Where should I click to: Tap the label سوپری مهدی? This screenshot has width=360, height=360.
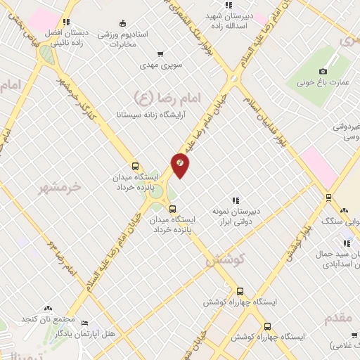pyautogui.click(x=160, y=65)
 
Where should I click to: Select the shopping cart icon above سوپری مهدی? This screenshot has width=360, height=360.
pyautogui.click(x=160, y=53)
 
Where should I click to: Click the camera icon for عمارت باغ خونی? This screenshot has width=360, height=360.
pyautogui.click(x=323, y=71)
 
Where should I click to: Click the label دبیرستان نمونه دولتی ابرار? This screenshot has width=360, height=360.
pyautogui.click(x=236, y=216)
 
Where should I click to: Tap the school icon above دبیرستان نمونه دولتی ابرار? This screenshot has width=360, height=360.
pyautogui.click(x=236, y=200)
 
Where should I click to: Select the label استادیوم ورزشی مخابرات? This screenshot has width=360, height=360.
pyautogui.click(x=122, y=39)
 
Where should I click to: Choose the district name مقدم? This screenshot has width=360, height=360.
pyautogui.click(x=338, y=318)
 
